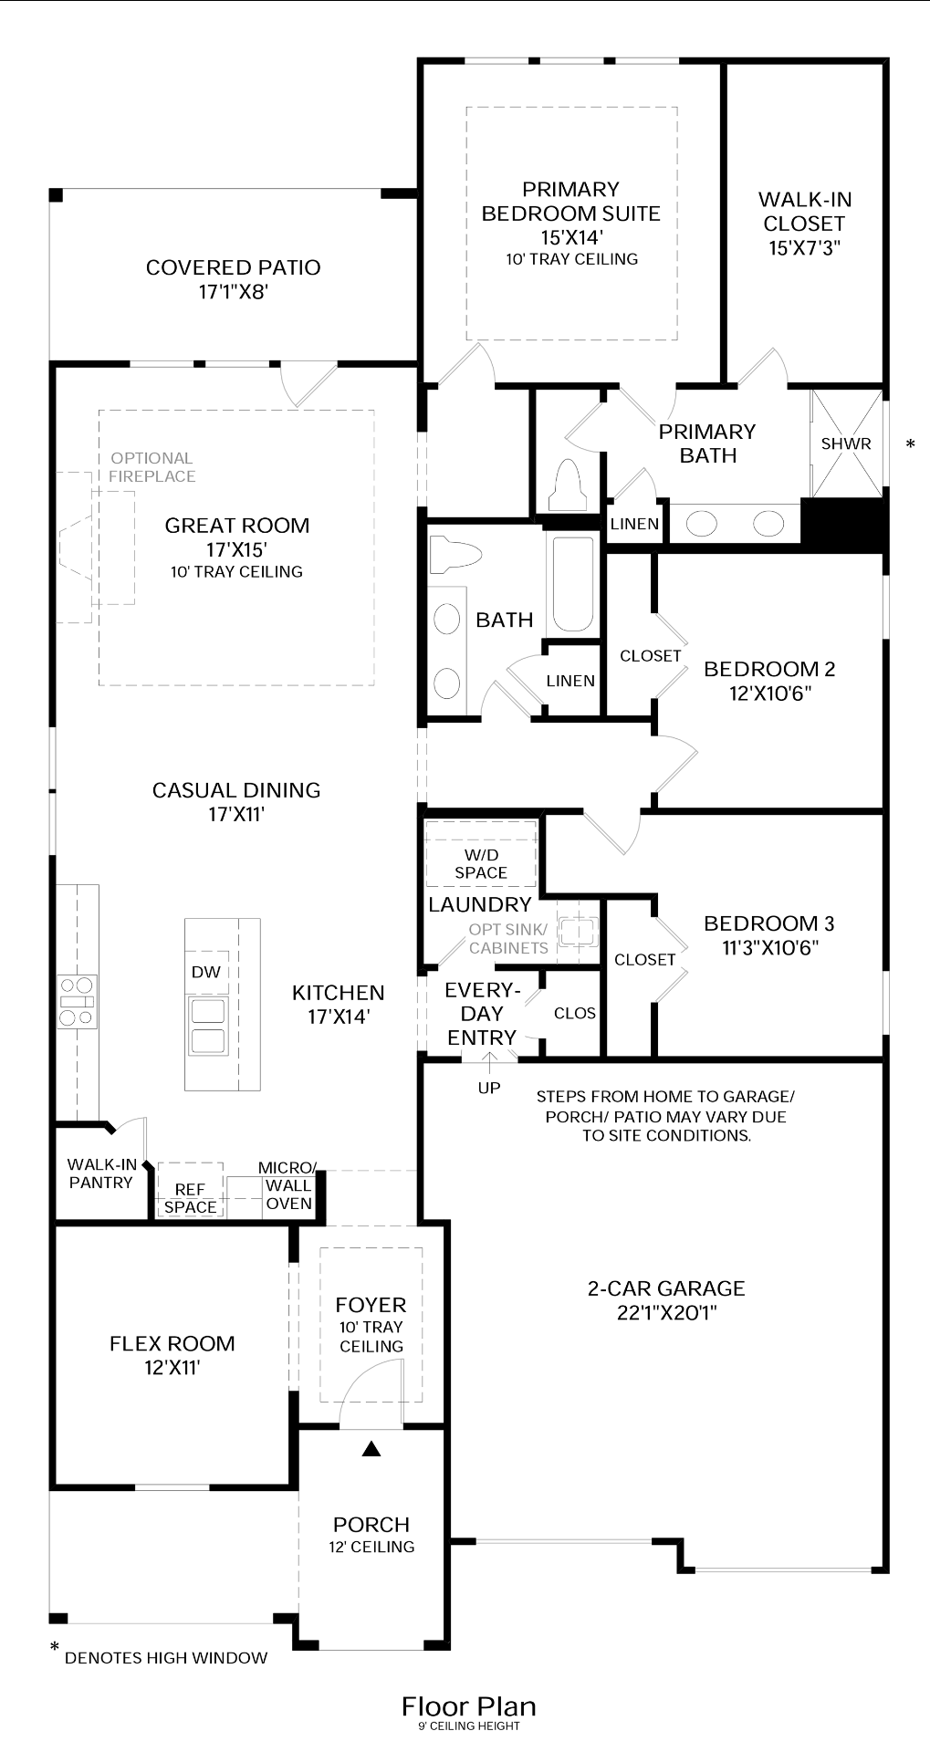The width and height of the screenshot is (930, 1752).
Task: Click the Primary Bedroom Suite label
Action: point(570,202)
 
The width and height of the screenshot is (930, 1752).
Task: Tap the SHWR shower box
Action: point(846,444)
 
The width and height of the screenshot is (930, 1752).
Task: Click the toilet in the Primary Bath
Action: point(567,485)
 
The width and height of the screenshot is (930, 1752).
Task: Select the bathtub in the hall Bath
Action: point(572,584)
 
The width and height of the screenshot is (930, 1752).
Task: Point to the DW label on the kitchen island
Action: point(206,972)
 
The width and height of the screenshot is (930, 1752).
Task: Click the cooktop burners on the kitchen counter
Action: point(77,1001)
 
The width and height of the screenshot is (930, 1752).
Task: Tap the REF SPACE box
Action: point(190,1197)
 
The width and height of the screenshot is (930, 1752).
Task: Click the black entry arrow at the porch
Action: point(371,1448)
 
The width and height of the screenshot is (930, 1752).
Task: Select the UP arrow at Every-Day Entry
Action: point(489,1061)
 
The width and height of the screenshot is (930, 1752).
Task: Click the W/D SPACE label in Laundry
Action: point(481,863)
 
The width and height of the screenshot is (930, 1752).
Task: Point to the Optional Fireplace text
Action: point(152,467)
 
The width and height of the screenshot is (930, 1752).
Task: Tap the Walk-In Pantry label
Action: point(101,1173)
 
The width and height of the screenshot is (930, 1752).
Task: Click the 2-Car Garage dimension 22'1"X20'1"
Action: point(666,1313)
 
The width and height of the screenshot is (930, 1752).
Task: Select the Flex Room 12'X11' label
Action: point(172,1355)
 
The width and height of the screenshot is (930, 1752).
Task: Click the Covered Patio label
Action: point(233,267)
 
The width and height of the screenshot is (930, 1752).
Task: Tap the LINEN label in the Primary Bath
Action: point(634,524)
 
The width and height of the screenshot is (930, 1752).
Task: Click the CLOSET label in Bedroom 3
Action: point(644,960)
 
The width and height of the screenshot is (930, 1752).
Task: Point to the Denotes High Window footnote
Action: point(164,1657)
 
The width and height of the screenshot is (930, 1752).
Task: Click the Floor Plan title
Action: point(468,1706)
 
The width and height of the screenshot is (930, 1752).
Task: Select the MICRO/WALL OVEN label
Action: point(288,1185)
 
